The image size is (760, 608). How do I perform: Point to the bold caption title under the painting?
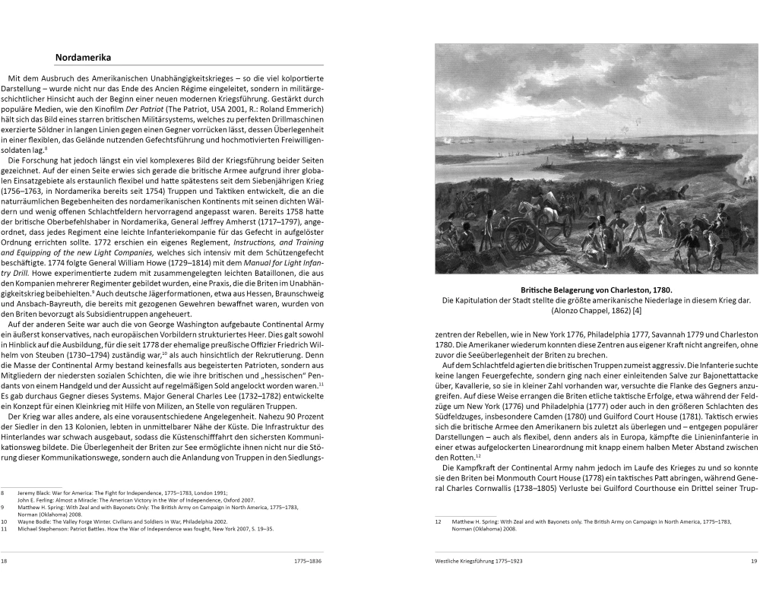click(597, 290)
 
